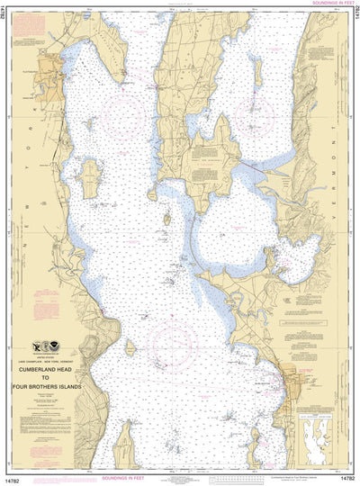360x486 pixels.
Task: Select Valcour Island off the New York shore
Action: tap(91, 180)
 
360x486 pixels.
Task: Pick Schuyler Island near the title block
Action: tap(130, 347)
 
